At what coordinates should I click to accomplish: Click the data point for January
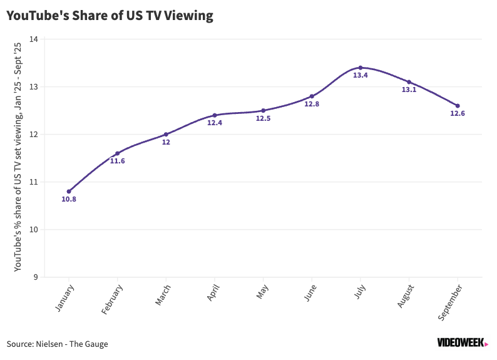click(x=69, y=192)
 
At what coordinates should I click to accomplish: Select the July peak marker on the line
click(x=361, y=68)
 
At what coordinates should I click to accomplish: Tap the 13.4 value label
click(x=361, y=76)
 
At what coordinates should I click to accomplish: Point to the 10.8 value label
click(x=69, y=200)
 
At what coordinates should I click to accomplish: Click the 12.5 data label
click(x=263, y=118)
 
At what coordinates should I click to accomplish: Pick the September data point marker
click(x=458, y=106)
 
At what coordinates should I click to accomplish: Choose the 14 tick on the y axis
click(x=34, y=39)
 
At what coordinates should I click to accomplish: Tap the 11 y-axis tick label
click(x=34, y=182)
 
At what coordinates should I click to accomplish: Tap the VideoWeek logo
click(x=462, y=342)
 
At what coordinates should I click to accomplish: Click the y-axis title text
click(x=18, y=157)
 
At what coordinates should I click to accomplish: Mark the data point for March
click(x=166, y=134)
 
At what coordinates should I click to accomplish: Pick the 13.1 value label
click(x=409, y=90)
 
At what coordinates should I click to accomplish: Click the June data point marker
click(x=312, y=96)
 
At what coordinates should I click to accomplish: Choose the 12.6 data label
click(x=458, y=114)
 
